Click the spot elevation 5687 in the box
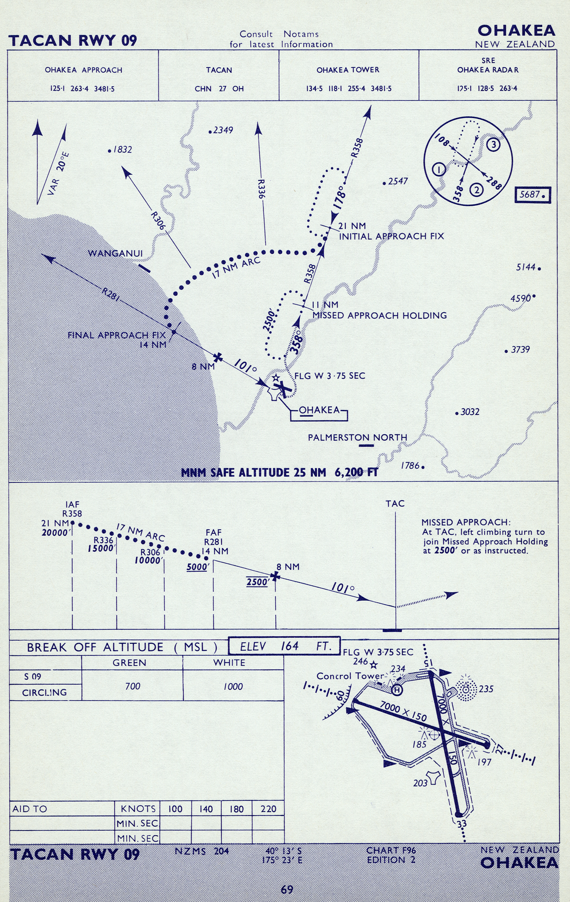pyautogui.click(x=533, y=195)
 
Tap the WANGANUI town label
pyautogui.click(x=115, y=253)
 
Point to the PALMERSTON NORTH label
pyautogui.click(x=357, y=437)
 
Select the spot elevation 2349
pyautogui.click(x=222, y=130)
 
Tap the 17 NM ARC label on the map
pyautogui.click(x=236, y=268)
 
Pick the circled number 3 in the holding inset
pyautogui.click(x=493, y=144)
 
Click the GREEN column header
pyautogui.click(x=129, y=663)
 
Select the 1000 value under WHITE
pyautogui.click(x=232, y=686)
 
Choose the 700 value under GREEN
pyautogui.click(x=132, y=686)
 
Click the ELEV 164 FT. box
pyautogui.click(x=285, y=646)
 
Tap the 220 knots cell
pyautogui.click(x=268, y=809)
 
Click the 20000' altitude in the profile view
pyautogui.click(x=56, y=533)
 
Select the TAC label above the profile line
pyautogui.click(x=395, y=504)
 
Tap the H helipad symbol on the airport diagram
pyautogui.click(x=397, y=690)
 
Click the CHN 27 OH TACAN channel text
pyautogui.click(x=219, y=89)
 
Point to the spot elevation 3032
pyautogui.click(x=469, y=412)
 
